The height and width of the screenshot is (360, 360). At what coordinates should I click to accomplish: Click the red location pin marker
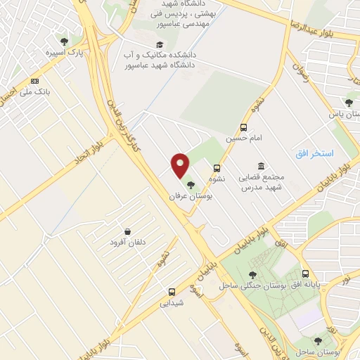[x=181, y=166]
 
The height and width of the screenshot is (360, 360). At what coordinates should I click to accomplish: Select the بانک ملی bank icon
[x=35, y=81]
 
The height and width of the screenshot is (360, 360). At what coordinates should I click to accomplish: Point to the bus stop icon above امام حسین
[x=243, y=127]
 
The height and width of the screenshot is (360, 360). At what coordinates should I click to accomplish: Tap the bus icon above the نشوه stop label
[x=217, y=168]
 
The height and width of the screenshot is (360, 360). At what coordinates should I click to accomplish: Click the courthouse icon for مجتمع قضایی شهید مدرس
[x=261, y=166]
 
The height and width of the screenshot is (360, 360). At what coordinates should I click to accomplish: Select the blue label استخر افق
[x=314, y=153]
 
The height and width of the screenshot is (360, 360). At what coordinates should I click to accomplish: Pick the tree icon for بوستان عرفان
[x=192, y=185]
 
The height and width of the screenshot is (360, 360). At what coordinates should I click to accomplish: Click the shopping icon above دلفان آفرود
[x=127, y=231]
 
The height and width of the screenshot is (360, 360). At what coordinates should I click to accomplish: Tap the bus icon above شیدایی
[x=172, y=292]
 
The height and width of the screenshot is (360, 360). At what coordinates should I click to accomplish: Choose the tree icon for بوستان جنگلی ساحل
[x=252, y=274]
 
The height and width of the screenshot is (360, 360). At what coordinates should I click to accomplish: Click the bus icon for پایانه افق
[x=305, y=274]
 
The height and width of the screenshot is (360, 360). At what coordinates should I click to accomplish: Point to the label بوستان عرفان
[x=191, y=197]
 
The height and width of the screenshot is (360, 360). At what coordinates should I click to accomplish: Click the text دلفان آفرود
[x=127, y=243]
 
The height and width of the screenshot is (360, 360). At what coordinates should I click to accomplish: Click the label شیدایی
[x=172, y=303]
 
